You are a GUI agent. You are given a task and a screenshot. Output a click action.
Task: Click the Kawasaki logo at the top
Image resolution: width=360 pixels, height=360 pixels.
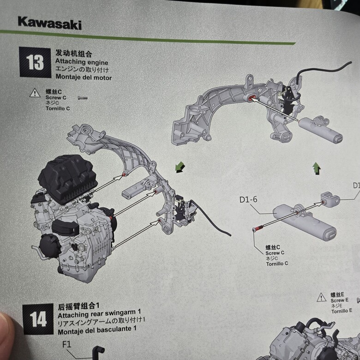pyautogui.click(x=49, y=24)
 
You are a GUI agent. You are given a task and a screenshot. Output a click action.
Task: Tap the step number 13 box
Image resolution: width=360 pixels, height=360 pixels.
pyautogui.click(x=35, y=62)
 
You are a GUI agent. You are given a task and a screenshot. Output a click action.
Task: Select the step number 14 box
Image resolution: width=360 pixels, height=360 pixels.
pyautogui.click(x=38, y=319)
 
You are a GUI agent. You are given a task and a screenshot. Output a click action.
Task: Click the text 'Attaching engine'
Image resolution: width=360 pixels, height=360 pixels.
pyautogui.click(x=82, y=62)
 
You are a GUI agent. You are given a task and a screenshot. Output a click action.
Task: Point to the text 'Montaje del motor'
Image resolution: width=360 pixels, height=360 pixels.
pyautogui.click(x=84, y=77)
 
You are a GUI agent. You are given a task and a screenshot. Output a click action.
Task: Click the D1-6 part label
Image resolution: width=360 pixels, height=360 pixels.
pyautogui.click(x=248, y=199)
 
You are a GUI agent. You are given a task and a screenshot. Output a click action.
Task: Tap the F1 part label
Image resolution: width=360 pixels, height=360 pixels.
pyautogui.click(x=67, y=344)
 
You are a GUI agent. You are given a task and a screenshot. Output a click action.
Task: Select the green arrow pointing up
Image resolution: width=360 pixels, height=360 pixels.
pyautogui.click(x=317, y=168)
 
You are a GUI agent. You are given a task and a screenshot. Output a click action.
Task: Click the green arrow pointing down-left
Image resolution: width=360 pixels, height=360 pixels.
pyautogui.click(x=180, y=167)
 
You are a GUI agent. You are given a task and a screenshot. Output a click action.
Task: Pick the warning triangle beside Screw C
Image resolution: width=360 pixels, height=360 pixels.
pyautogui.click(x=35, y=93)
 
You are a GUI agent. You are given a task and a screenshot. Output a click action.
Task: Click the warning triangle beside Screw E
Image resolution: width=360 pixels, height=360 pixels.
pyautogui.click(x=321, y=297)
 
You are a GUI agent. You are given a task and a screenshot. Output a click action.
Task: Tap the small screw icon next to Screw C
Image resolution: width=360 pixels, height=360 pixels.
pyautogui.click(x=83, y=98)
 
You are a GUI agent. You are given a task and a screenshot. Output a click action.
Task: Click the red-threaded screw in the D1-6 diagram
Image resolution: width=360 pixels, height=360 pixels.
pyautogui.click(x=258, y=228)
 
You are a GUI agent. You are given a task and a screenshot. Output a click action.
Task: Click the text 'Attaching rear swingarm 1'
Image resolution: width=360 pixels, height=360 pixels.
pyautogui.click(x=99, y=314)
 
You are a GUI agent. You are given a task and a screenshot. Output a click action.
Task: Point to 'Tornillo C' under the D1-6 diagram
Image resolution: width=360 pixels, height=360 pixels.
pyautogui.click(x=277, y=264)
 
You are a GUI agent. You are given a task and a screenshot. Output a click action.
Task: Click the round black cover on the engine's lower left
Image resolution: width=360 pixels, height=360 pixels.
pyautogui.click(x=50, y=246)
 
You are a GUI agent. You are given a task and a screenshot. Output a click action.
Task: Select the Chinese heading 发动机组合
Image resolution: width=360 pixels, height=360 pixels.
pyautogui.click(x=73, y=54)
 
